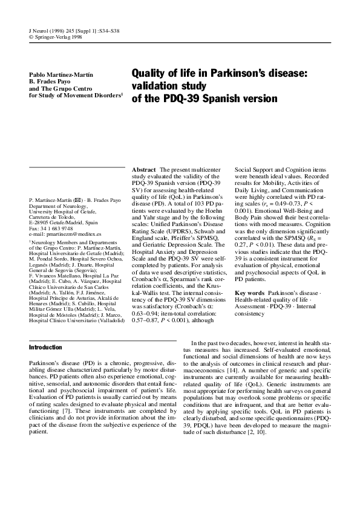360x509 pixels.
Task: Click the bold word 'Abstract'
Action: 144,170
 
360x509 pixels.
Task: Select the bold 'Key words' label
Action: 249,276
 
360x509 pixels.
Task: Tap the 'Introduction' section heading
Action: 46,348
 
